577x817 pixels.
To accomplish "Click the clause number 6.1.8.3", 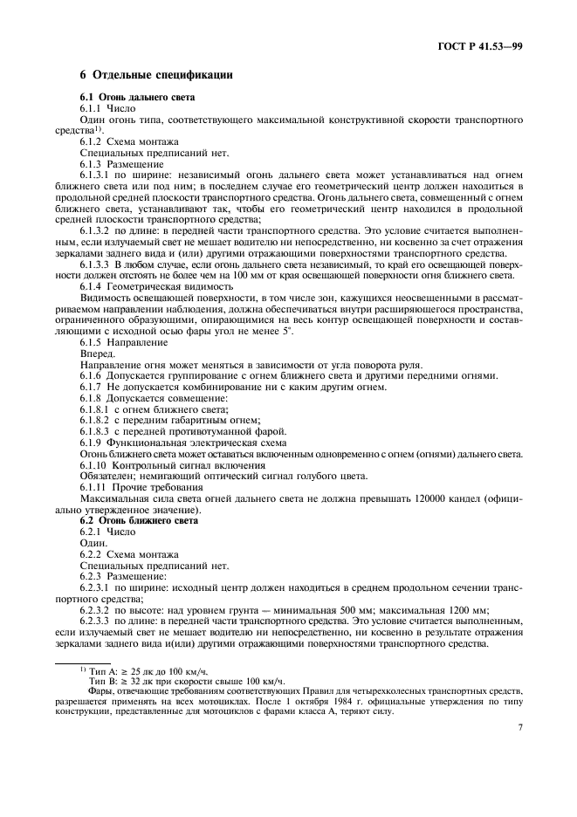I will (x=97, y=431).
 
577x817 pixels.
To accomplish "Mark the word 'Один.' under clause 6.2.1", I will (x=93, y=543).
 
